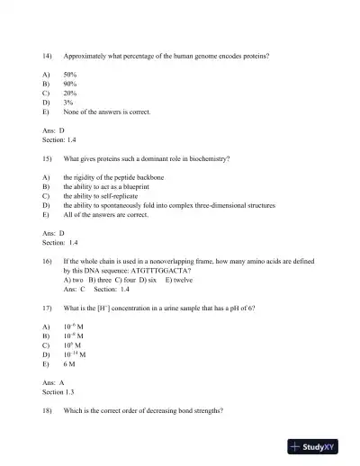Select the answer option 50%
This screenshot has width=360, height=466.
[x=70, y=75]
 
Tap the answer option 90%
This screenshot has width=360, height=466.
[x=70, y=85]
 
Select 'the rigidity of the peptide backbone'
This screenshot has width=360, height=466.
[x=121, y=177]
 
